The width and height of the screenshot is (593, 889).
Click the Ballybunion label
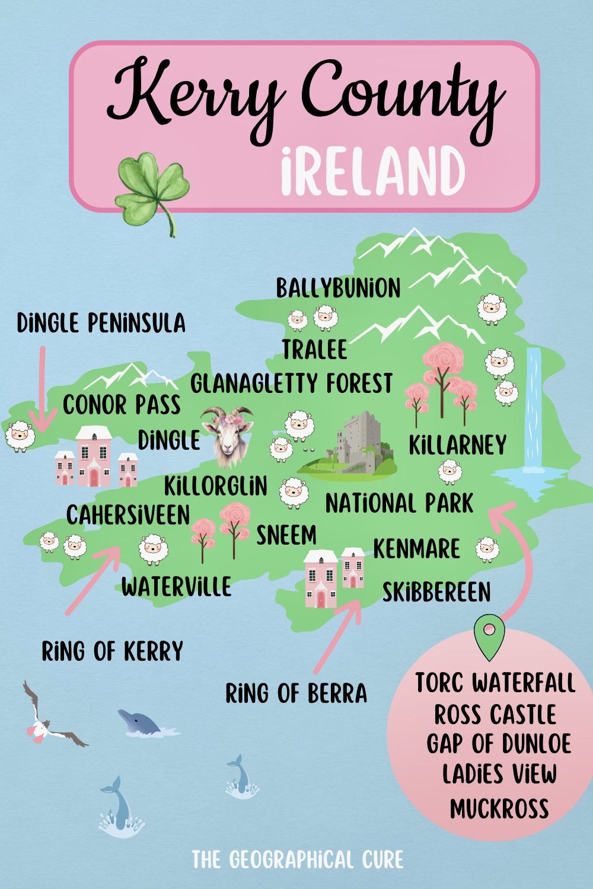(x=338, y=288)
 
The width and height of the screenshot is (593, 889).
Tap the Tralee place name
(x=314, y=350)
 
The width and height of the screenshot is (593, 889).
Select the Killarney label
(x=457, y=445)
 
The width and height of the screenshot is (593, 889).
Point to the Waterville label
(x=176, y=587)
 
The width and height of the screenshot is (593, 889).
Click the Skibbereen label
(x=436, y=591)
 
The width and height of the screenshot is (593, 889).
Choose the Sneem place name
(x=286, y=535)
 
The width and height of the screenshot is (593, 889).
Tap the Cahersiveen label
(x=127, y=514)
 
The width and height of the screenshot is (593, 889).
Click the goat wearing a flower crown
(x=228, y=436)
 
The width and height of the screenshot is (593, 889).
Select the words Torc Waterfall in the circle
(x=495, y=682)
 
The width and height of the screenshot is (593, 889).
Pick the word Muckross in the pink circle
(x=499, y=807)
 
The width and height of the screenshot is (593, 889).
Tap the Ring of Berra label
(x=296, y=693)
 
